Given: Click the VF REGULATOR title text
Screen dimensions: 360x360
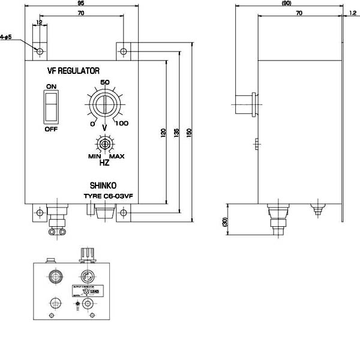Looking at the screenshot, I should coord(73,71).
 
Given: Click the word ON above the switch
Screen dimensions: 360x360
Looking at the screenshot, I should coord(51,87).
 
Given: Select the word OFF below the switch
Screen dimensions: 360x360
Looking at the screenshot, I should coord(51,128).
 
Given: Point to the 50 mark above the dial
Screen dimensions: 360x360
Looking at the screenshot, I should coord(104,83).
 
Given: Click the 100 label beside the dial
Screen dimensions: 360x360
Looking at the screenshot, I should coord(122,124).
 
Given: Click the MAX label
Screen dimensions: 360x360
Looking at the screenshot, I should coord(116,157).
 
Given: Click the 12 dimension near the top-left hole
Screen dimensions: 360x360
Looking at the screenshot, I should coord(40,22).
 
